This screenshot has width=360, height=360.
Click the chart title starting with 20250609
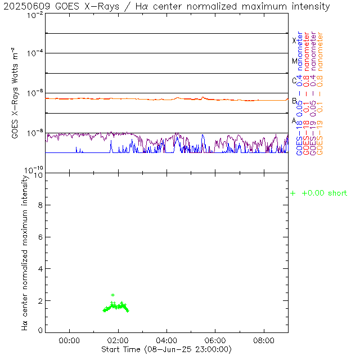click(x=166, y=7)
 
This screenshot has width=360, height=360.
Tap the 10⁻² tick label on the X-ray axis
click(x=34, y=16)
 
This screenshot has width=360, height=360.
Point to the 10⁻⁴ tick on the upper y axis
click(x=34, y=54)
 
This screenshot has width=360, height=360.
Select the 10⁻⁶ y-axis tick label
click(x=34, y=93)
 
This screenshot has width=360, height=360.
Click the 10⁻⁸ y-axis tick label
click(x=34, y=133)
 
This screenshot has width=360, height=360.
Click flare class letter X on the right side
click(x=294, y=40)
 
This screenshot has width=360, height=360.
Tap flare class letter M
click(x=294, y=61)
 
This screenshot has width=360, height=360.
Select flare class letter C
click(x=294, y=80)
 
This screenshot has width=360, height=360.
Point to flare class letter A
click(x=294, y=120)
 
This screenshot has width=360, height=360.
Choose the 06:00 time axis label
click(x=215, y=341)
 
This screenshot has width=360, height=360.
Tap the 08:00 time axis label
click(x=264, y=341)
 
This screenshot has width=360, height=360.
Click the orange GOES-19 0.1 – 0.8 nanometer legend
click(x=320, y=93)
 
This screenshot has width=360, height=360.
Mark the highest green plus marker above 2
click(x=112, y=295)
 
